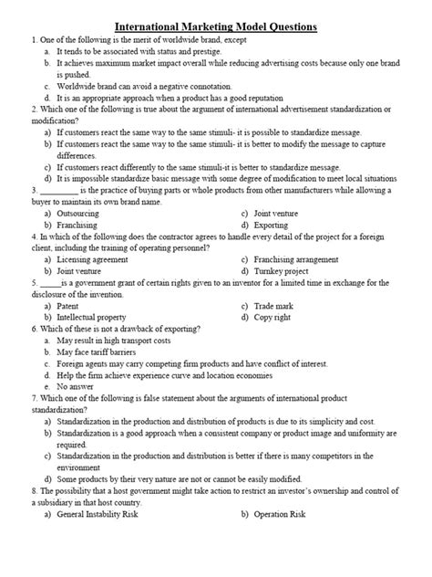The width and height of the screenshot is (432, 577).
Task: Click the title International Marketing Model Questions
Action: [215, 27]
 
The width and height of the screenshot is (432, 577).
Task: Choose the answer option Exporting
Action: [272, 225]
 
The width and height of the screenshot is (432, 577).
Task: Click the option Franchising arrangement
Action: [296, 259]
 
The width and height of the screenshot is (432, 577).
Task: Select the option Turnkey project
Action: [280, 271]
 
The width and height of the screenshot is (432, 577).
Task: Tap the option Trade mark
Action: [273, 306]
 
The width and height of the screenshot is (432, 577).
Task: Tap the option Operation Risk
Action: [283, 516]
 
